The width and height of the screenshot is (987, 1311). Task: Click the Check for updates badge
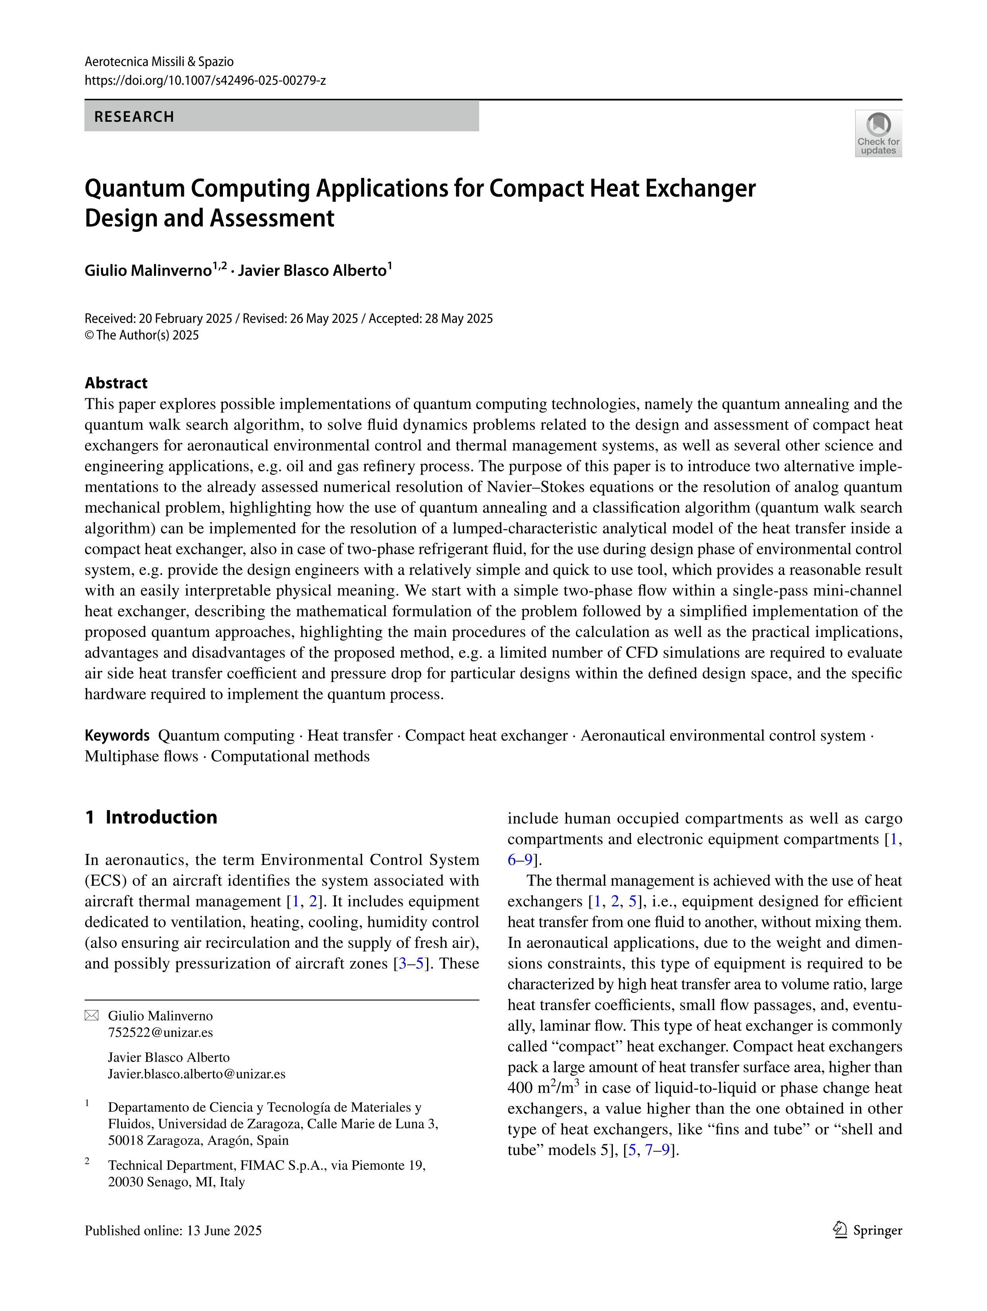[878, 133]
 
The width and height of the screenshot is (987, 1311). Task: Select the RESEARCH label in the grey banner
[134, 117]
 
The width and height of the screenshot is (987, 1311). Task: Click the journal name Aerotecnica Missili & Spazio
[159, 62]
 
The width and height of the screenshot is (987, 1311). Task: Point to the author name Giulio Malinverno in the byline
[148, 271]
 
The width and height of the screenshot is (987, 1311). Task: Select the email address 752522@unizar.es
[160, 1032]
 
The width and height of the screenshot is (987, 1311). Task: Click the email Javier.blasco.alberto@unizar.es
[196, 1074]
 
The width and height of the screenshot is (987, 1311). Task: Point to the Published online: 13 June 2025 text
[173, 1231]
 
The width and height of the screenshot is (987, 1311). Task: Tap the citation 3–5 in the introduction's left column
[412, 963]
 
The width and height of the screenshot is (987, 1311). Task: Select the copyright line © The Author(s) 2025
[142, 335]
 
